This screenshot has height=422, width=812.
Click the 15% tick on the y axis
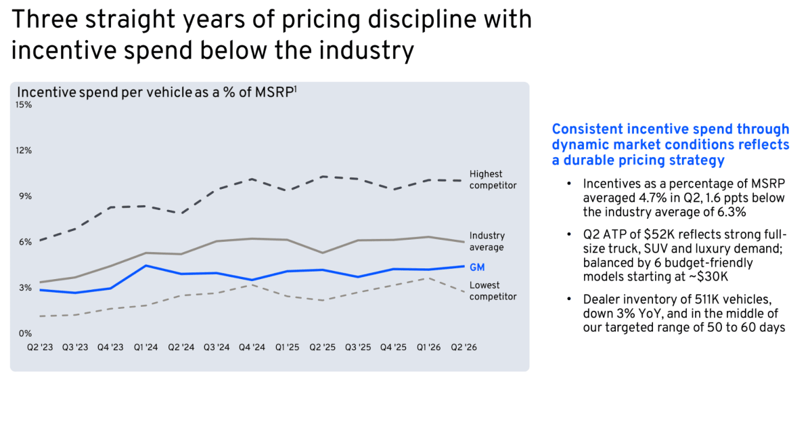24,105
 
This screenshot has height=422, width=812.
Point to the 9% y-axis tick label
26,196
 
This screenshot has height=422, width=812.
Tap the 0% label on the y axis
26,333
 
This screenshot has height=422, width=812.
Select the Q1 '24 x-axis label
145,347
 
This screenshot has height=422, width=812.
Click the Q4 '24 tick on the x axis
252,347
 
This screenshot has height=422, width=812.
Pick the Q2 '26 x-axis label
464,347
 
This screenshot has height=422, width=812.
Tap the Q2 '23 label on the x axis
40,347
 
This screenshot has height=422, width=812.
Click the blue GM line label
477,268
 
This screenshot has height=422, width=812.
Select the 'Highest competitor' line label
493,180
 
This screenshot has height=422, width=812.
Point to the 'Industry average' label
487,241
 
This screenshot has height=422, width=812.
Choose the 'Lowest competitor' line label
493,291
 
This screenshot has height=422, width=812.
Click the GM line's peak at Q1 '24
145,266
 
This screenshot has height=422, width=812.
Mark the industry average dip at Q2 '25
323,253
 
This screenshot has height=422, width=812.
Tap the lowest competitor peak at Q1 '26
428,278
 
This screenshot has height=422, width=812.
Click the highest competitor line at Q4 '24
252,179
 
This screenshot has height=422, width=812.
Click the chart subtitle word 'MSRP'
274,93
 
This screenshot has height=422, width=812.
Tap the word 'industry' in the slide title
367,50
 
